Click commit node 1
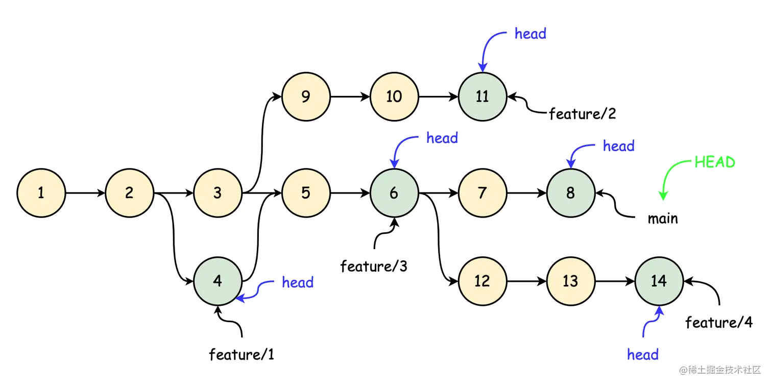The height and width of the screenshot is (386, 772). coord(41,193)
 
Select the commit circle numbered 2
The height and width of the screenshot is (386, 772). coord(129,193)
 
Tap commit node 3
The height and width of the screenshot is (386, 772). coord(218,193)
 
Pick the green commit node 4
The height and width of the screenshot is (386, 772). coord(218,281)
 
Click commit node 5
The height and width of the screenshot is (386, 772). coord(305,193)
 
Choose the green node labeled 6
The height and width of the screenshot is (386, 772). coord(394,193)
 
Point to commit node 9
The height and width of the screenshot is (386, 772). coord(305,96)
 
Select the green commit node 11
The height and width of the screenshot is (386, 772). coord(482,96)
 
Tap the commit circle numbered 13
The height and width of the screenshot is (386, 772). coord(570,281)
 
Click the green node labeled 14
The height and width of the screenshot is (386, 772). coord(659,281)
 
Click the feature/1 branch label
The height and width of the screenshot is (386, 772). coord(242,354)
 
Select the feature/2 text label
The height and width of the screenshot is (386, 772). coord(583,114)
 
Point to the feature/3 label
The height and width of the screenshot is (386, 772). coord(374,266)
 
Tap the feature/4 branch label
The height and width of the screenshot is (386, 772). coord(718,323)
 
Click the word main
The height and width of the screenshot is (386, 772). coord(663,219)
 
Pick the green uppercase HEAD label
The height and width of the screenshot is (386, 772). coord(715,162)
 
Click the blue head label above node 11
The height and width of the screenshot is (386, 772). coord(530,34)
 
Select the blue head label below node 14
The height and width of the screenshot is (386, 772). coord(642,354)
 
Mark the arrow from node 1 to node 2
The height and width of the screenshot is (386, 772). coord(85,193)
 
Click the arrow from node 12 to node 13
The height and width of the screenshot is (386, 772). coord(526,281)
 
